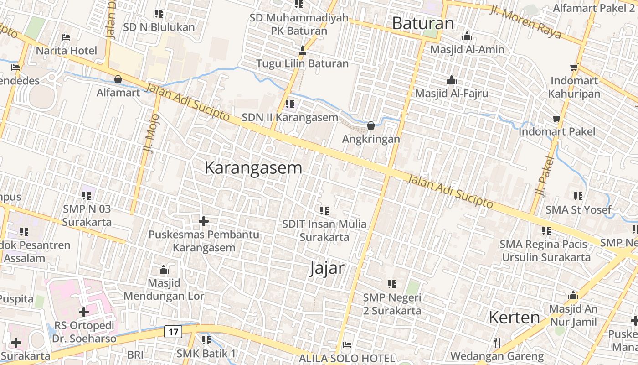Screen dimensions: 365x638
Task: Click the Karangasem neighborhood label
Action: pos(253,168)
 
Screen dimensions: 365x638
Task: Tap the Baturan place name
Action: pos(423,23)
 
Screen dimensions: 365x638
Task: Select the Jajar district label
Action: pos(327,268)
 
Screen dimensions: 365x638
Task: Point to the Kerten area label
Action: pos(514,318)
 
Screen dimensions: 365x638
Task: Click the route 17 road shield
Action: pos(173,332)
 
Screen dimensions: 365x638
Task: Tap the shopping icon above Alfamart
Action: pos(118,79)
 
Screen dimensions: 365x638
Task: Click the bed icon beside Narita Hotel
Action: pos(66,37)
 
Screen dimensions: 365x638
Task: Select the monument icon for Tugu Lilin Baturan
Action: pos(302,50)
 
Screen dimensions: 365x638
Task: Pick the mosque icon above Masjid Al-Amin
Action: pos(467,36)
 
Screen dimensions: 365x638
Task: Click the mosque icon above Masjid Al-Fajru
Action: pos(452,80)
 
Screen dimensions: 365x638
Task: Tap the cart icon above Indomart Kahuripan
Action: pos(574,68)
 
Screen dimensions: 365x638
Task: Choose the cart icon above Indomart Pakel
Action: pos(556,119)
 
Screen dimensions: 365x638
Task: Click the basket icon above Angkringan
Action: pos(371,125)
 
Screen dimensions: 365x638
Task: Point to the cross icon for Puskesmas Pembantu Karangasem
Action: pos(204,221)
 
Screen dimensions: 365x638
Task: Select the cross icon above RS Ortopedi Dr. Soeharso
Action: pos(84,312)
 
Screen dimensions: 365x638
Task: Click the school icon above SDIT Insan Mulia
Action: pos(324,211)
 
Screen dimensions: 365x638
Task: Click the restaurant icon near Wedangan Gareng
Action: pos(497,342)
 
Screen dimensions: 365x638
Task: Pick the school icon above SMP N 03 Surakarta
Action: pos(87,196)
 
